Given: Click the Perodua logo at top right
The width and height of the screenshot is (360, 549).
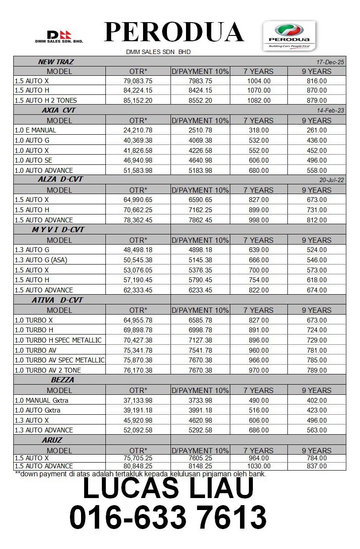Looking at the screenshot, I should [x=289, y=35].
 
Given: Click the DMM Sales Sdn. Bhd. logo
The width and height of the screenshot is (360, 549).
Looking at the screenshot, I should [x=59, y=37].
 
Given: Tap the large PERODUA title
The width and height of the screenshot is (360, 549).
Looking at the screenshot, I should [x=174, y=32].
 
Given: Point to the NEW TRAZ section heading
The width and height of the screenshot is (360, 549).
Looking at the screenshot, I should [x=56, y=62].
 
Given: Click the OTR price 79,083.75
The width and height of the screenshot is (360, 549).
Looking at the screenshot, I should [x=138, y=81].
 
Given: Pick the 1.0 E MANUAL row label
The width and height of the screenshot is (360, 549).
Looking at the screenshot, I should [x=35, y=130].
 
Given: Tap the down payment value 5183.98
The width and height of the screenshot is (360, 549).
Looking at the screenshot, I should [x=200, y=171].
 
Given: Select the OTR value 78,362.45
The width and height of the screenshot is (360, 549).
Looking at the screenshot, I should [x=138, y=220].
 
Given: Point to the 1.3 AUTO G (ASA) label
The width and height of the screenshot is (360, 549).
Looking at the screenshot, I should [x=41, y=260].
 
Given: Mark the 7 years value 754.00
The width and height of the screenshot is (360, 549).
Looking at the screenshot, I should [x=259, y=280].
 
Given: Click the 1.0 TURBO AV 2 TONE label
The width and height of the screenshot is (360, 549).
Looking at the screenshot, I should [x=48, y=370].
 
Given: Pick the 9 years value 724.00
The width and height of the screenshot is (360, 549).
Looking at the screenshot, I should [x=317, y=330].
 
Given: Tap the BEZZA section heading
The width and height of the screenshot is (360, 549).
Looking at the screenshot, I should [x=62, y=380].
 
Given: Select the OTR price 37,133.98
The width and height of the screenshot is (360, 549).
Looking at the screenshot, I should [x=138, y=401].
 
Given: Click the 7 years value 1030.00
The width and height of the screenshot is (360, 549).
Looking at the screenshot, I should [x=259, y=466].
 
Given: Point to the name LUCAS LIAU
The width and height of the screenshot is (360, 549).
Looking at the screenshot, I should [x=168, y=488].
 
